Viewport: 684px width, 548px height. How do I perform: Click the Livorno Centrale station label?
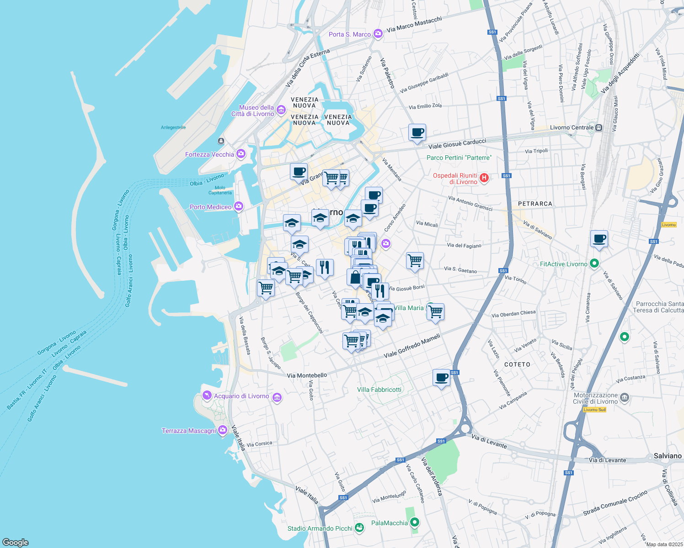[x=572, y=128]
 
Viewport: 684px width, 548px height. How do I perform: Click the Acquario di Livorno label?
[x=241, y=396]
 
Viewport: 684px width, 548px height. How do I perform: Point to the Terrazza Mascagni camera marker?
[x=223, y=430]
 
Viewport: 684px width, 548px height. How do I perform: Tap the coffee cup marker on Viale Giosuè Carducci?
[x=417, y=133]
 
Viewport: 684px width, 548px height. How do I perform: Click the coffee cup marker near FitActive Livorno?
[x=599, y=239]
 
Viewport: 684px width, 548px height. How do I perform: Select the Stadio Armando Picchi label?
[x=320, y=528]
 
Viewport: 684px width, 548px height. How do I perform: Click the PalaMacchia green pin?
[x=415, y=522]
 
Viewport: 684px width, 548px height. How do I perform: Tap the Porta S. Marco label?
[x=350, y=34]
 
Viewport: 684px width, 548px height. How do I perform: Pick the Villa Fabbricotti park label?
[x=379, y=390]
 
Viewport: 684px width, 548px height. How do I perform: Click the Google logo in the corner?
[x=16, y=542]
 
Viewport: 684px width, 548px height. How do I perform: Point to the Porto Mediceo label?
[x=211, y=207]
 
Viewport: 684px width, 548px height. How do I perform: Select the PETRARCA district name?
[x=535, y=204]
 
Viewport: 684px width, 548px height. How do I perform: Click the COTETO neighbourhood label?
[x=517, y=364]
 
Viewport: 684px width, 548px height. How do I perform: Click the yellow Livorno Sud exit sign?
[x=595, y=410]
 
